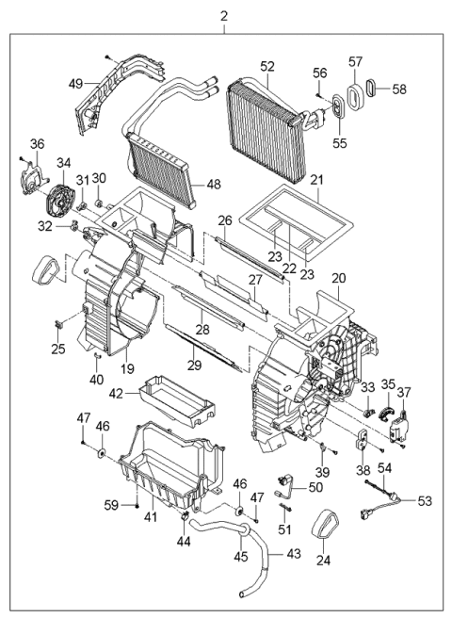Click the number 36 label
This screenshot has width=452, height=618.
point(37,143)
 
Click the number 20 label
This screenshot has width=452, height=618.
point(338,278)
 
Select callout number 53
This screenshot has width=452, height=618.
point(425,499)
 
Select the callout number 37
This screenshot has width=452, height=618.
point(406,392)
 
